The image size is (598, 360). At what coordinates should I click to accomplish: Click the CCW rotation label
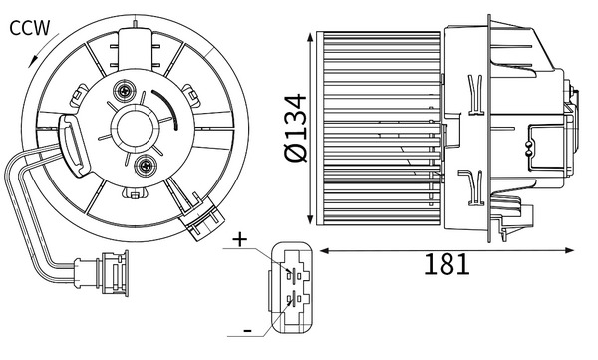(29, 28)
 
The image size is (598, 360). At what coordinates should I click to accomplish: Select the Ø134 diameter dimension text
(296, 128)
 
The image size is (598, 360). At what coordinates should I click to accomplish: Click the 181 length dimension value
(447, 264)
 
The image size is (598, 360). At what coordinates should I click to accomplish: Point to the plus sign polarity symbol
(240, 240)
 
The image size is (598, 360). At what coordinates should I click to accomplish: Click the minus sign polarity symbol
(247, 330)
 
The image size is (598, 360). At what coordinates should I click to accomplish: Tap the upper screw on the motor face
(125, 91)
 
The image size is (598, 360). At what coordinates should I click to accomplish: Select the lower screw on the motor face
(146, 166)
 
